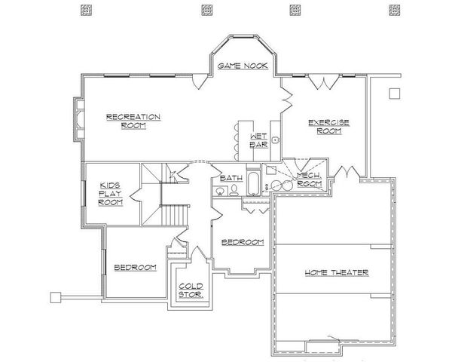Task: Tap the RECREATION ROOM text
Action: (x=133, y=121)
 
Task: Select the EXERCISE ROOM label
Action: (x=325, y=126)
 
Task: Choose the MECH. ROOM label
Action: (x=309, y=179)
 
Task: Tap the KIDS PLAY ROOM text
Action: (x=111, y=193)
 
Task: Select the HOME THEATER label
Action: (x=336, y=272)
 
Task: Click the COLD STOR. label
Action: (x=189, y=290)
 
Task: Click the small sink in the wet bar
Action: (x=276, y=140)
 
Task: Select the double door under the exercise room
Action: (x=345, y=172)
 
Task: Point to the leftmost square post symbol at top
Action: (x=83, y=11)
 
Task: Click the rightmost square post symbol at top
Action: (x=393, y=11)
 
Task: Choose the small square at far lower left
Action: (x=54, y=296)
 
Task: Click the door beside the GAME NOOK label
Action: (x=197, y=79)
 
